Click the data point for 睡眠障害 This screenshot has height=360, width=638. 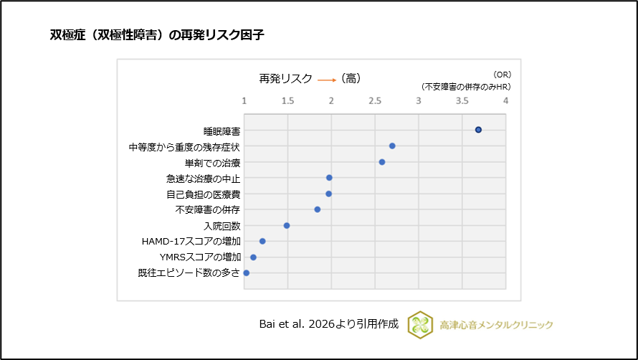tap(478, 130)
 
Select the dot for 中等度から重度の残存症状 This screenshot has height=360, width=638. tap(392, 146)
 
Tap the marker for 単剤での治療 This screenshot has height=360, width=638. tap(382, 162)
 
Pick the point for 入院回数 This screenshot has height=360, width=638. tap(287, 225)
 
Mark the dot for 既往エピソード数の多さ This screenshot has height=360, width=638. tap(247, 273)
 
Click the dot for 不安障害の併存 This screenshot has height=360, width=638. tap(318, 209)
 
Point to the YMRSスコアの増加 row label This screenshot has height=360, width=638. tap(200, 257)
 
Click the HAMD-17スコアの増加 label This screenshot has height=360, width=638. tap(191, 242)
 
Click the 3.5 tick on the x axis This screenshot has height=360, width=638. tap(462, 100)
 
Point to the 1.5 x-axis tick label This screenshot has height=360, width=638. tap(287, 100)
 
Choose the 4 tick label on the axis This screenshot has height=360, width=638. tap(506, 100)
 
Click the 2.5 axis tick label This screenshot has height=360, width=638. tap(375, 100)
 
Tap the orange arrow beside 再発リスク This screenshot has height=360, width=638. tap(327, 80)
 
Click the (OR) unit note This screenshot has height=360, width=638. tap(502, 74)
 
